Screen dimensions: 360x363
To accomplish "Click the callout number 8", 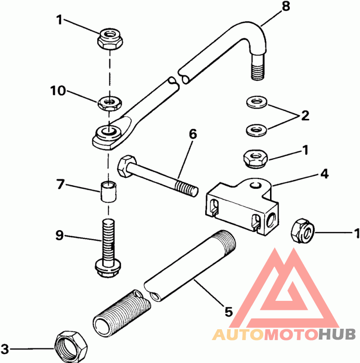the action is (x=286, y=6).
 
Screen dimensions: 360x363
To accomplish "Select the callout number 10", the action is (x=58, y=91).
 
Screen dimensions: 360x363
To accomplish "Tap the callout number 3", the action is (x=4, y=349).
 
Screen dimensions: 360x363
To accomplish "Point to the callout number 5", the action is (x=228, y=312).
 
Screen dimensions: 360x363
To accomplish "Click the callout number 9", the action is (x=59, y=235).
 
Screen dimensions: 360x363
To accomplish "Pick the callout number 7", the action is (x=60, y=184).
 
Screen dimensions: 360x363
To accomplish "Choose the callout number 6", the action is (x=193, y=134).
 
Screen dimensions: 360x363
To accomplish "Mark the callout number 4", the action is (x=324, y=174).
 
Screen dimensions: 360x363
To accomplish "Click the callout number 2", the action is (x=305, y=116).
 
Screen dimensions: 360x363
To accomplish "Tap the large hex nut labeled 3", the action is (x=71, y=346).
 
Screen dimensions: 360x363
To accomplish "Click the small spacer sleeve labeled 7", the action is (x=108, y=192).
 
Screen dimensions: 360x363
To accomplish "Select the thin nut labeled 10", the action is (x=110, y=103).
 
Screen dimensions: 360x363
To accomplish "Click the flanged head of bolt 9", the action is (x=108, y=268).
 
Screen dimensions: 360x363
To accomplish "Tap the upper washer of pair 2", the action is (x=256, y=102).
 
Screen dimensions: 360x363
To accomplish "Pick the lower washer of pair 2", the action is (x=256, y=130).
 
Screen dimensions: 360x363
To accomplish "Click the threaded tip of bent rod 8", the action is (x=257, y=71).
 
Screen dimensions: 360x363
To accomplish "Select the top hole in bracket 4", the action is (x=256, y=185).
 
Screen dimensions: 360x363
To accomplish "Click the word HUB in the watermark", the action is (x=337, y=335).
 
